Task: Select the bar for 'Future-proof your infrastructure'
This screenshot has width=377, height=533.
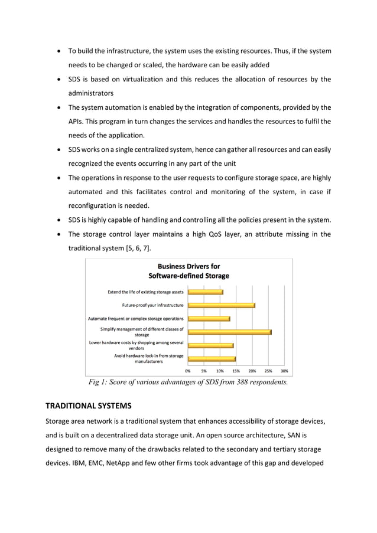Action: click(221, 305)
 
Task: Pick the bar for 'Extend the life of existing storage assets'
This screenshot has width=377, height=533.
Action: click(205, 292)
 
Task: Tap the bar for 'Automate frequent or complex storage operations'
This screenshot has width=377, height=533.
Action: click(209, 319)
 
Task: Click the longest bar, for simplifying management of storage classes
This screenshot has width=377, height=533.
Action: click(229, 332)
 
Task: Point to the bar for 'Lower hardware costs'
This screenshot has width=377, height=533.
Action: click(210, 345)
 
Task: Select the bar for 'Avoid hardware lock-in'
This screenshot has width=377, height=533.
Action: click(212, 359)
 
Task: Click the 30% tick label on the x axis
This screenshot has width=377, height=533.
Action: click(284, 371)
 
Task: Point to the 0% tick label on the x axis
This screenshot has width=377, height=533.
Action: click(188, 371)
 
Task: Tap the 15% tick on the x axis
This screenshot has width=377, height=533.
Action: click(236, 371)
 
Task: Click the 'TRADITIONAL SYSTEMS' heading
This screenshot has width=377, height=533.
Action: click(88, 406)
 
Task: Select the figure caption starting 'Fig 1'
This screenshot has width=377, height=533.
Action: click(188, 382)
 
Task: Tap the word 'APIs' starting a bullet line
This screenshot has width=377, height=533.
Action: click(76, 121)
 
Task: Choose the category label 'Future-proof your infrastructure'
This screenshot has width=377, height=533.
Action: click(152, 305)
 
